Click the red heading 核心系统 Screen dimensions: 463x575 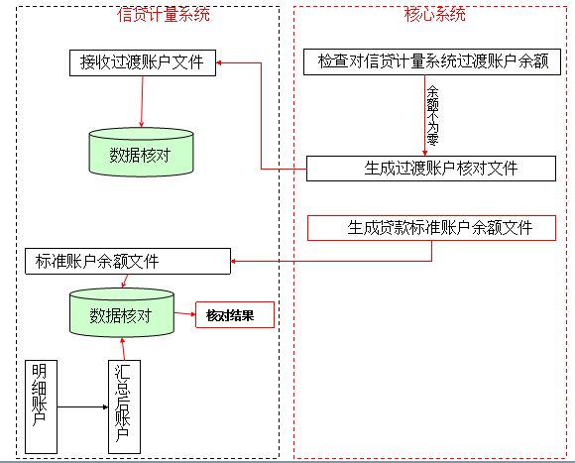tap(434, 14)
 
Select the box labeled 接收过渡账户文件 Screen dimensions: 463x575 tap(142, 62)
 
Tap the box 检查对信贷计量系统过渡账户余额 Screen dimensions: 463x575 tap(432, 62)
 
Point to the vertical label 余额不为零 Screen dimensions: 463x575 tap(432, 114)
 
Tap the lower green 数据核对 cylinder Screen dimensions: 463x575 tap(121, 315)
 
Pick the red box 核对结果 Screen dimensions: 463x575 tap(233, 315)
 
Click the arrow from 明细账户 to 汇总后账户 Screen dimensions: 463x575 tap(82, 406)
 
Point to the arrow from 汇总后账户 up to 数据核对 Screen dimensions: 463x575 tap(122, 349)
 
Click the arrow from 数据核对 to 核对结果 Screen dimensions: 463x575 tap(184, 316)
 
